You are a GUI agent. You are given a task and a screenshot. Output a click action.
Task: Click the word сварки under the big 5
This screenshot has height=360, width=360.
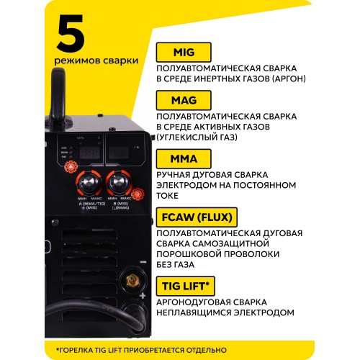click(x=114, y=61)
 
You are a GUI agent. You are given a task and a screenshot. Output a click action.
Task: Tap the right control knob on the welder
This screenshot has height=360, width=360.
click(x=117, y=180)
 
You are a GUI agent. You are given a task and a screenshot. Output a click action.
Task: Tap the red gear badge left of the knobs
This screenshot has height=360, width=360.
click(x=72, y=167)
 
